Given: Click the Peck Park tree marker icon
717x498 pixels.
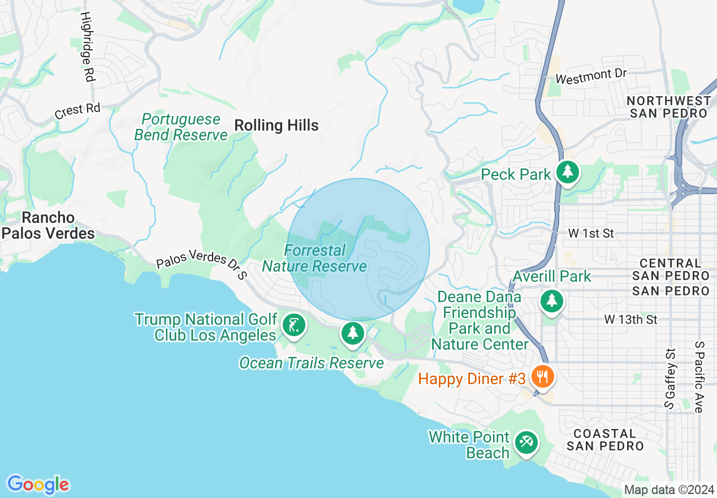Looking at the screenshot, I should (x=567, y=171).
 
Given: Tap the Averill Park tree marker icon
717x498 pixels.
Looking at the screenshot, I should (x=551, y=300).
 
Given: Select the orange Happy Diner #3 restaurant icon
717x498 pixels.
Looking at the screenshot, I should (x=542, y=376).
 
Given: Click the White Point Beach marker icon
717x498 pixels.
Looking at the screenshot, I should (x=526, y=441).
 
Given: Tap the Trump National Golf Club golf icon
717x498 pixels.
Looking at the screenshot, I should (x=293, y=325).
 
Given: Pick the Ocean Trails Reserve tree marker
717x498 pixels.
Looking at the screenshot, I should (x=353, y=333).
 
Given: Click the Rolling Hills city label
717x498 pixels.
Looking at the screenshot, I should (x=277, y=125).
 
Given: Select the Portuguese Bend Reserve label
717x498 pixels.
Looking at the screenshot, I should (x=181, y=127).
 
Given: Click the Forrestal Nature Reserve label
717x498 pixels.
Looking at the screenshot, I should (x=314, y=258).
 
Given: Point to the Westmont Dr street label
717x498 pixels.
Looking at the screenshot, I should (x=591, y=76).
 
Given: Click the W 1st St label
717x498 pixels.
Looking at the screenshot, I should (x=591, y=233).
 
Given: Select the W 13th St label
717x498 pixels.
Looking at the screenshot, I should (x=630, y=320).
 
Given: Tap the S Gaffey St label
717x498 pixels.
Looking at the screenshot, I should (x=670, y=378).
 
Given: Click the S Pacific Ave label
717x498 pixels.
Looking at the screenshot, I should (x=699, y=377).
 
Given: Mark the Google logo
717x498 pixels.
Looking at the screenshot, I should (x=38, y=484).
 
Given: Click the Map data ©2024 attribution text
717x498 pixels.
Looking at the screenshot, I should (x=669, y=490).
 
